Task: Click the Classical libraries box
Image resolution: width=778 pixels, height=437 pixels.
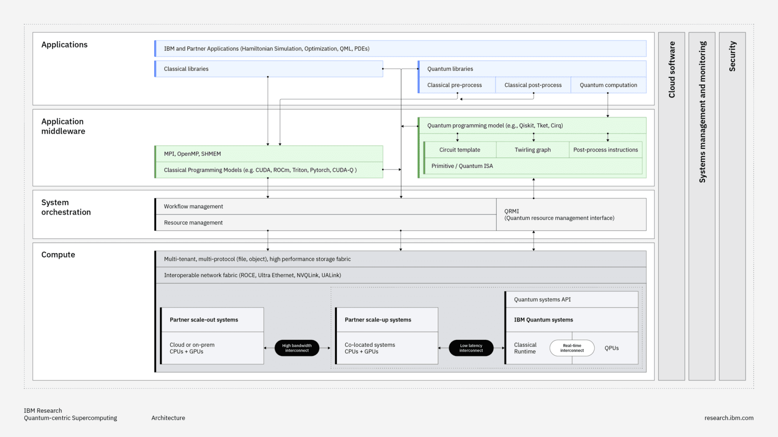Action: coord(268,69)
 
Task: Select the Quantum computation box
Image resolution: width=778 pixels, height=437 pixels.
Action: coord(608,85)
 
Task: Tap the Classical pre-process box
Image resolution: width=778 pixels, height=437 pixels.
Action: coord(455,85)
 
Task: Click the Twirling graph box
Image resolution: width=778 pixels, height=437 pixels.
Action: coord(532,150)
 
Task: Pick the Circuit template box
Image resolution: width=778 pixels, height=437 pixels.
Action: coord(460,150)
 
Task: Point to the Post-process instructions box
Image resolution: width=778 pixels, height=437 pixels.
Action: coord(605,150)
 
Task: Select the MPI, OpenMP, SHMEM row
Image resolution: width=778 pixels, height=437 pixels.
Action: coord(268,154)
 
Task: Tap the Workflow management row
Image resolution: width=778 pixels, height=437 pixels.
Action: coord(325,206)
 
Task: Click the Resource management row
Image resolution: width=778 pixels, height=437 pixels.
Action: coord(325,222)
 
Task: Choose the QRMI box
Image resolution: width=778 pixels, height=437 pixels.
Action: coord(571,215)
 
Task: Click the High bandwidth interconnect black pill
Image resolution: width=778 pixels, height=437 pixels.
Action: coord(297,348)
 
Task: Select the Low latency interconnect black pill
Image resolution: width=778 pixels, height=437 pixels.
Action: coord(471,348)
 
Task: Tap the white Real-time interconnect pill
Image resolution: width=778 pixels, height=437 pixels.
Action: coord(572,348)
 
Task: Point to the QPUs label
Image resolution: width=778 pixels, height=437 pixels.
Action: coord(612,348)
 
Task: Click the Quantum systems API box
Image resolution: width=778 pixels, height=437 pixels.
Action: coord(571,300)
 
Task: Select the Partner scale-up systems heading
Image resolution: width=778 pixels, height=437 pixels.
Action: coord(378,320)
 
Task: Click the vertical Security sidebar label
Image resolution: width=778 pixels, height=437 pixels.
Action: coord(732,56)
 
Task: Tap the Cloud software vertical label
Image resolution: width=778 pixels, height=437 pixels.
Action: coord(672,69)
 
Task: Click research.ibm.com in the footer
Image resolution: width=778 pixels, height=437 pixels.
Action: coord(728,418)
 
